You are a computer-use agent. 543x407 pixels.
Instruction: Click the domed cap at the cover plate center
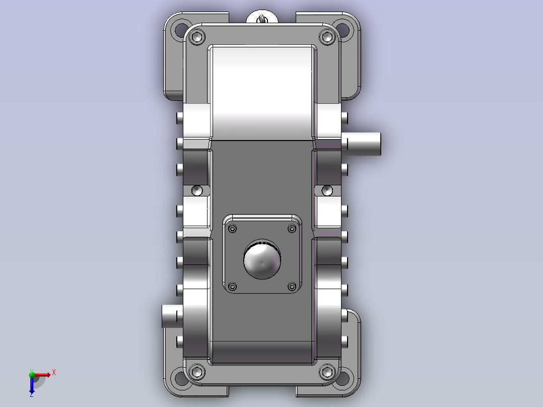262,259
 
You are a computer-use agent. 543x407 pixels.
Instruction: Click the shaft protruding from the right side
361,144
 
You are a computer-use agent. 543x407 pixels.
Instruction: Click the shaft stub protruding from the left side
172,316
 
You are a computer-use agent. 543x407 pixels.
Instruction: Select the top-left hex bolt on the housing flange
197,37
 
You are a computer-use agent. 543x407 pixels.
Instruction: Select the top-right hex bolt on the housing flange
327,37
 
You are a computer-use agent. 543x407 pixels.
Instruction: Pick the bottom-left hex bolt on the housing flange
197,372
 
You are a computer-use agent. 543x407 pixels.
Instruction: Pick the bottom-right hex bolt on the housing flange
327,372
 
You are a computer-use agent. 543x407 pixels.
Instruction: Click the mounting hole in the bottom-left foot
181,378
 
